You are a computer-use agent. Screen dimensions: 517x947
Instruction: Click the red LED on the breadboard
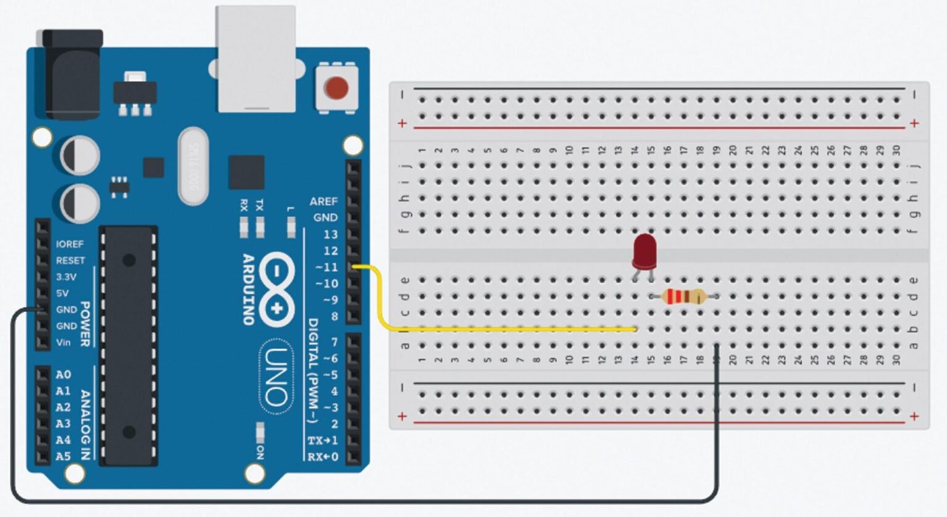click(x=644, y=252)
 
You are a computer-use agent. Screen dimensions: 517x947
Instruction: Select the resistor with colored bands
click(x=683, y=297)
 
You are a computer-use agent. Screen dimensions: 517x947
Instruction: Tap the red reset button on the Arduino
click(x=336, y=88)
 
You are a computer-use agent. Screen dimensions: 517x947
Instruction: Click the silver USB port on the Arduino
click(x=255, y=59)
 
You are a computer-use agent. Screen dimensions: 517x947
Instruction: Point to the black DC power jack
click(x=73, y=74)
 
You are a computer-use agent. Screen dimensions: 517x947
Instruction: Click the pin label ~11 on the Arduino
click(x=327, y=267)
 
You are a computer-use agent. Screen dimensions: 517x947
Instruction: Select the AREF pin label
click(x=323, y=201)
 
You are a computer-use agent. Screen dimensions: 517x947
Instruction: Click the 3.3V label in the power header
click(x=66, y=277)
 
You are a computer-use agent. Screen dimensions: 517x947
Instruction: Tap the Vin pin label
click(x=64, y=342)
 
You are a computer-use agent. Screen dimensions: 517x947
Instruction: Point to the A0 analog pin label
click(x=63, y=374)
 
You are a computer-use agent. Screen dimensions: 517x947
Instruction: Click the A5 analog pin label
click(x=63, y=457)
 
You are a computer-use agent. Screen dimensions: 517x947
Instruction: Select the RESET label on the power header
click(x=70, y=260)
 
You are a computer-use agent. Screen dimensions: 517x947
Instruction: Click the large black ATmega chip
click(x=129, y=345)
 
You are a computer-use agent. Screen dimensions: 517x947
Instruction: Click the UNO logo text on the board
click(x=276, y=376)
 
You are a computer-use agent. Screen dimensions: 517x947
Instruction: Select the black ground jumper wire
click(x=370, y=500)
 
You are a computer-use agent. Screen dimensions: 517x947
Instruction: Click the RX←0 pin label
click(x=322, y=457)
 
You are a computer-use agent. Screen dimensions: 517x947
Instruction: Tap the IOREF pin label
click(x=70, y=244)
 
